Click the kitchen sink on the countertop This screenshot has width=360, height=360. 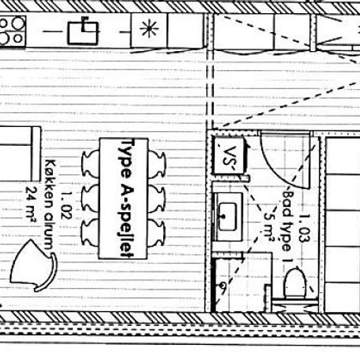click(83, 33)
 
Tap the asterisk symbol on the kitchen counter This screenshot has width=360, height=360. click(149, 28)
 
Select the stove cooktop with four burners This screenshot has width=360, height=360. click(12, 31)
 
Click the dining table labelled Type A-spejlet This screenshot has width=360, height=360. click(123, 198)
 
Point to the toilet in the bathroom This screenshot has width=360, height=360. click(295, 283)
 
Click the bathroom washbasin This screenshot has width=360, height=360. click(227, 217)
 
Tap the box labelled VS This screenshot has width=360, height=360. click(228, 156)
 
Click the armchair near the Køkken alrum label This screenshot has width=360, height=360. click(33, 266)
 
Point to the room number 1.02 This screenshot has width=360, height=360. click(66, 205)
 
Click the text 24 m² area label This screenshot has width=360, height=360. click(31, 205)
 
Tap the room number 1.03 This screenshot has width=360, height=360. click(304, 228)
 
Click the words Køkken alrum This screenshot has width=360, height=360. click(48, 204)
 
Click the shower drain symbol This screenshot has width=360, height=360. click(223, 285)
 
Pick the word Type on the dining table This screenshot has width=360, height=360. click(127, 159)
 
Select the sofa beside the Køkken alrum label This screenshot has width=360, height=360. click(20, 154)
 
